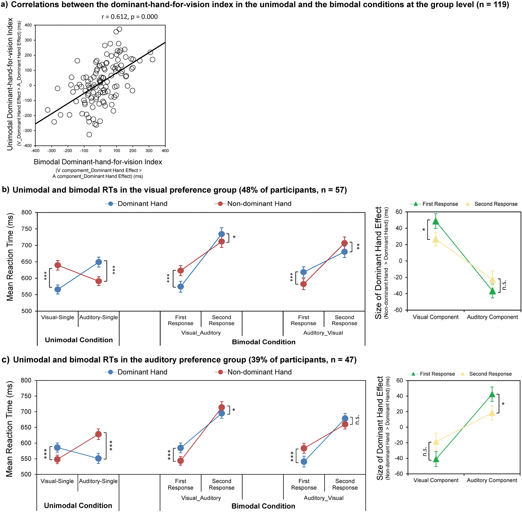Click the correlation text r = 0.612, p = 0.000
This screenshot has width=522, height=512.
click(x=129, y=17)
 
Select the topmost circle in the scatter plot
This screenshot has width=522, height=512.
click(x=119, y=29)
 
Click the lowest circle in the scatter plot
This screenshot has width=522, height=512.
click(x=89, y=135)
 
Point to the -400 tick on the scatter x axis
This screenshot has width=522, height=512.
click(x=35, y=151)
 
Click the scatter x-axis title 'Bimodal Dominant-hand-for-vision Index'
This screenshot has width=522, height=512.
click(x=98, y=162)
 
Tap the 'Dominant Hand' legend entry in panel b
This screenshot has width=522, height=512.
click(x=142, y=203)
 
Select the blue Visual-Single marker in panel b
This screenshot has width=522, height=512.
click(x=58, y=289)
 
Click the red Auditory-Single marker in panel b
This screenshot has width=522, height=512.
click(x=99, y=281)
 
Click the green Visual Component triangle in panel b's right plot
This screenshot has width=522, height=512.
click(x=436, y=221)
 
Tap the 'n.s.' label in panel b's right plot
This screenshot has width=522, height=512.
click(x=505, y=285)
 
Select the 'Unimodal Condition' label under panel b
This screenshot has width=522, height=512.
click(x=79, y=340)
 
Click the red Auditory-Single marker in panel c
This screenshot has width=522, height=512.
click(x=98, y=434)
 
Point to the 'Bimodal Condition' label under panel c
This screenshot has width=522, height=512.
click(x=263, y=506)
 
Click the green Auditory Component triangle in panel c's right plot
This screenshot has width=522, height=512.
click(x=492, y=394)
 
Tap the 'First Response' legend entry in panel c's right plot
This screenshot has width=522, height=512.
click(x=437, y=374)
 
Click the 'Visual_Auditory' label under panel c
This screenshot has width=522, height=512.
click(x=201, y=498)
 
